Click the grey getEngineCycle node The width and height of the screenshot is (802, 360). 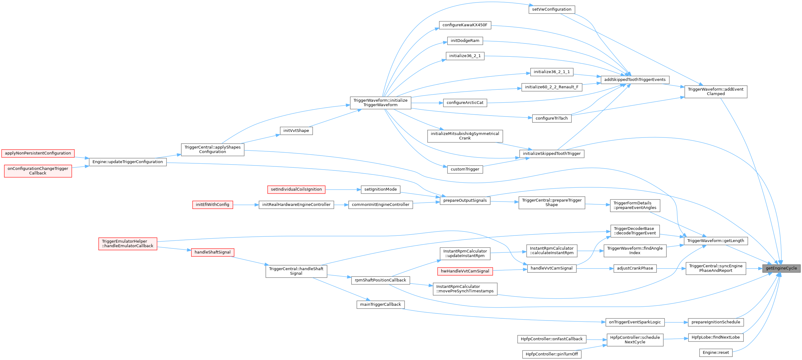tap(781, 268)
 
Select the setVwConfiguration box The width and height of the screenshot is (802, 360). tap(551, 9)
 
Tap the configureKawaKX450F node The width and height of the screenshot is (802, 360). tap(465, 25)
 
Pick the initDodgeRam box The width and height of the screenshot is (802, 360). tap(465, 41)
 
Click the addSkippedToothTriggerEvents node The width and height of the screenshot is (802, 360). tap(635, 80)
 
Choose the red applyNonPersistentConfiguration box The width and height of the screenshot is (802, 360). tap(38, 153)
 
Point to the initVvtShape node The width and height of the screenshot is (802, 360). tap(296, 131)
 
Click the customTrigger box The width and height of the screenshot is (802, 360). tap(465, 169)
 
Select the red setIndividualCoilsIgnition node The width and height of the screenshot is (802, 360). tap(296, 189)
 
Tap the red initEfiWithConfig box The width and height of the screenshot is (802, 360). tap(212, 205)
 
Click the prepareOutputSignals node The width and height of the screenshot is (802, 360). tap(465, 200)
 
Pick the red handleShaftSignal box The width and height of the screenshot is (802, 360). tap(212, 252)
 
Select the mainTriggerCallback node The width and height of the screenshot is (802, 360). tap(380, 304)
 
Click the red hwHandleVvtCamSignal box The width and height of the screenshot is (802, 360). tap(465, 271)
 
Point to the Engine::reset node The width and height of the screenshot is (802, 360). tap(715, 353)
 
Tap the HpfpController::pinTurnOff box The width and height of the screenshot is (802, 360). tap(551, 354)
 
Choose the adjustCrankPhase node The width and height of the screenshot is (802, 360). tap(635, 268)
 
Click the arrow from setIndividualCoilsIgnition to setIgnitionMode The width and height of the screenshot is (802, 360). tap(343, 189)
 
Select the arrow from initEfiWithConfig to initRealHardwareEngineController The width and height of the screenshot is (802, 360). tap(246, 205)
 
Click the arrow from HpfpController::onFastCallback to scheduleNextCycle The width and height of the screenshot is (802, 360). tap(596, 339)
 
